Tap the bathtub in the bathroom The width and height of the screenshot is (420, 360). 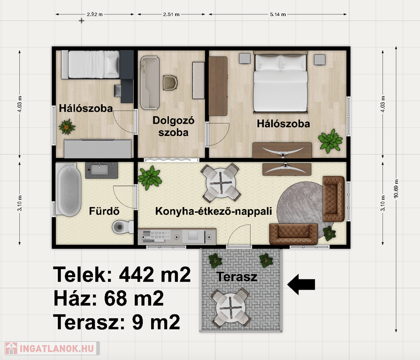69,190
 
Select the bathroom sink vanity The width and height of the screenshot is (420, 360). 101,170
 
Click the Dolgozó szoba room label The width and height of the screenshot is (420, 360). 173,126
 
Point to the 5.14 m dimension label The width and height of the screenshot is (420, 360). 278,14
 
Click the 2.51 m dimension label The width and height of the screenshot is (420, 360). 171,14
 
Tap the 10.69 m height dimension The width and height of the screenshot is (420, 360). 396,188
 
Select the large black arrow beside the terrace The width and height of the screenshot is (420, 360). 301,285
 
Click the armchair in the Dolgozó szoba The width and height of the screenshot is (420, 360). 170,82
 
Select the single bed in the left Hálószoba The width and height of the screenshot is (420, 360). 91,65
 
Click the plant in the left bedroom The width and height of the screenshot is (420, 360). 67,127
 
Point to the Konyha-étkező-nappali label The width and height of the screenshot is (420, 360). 214,211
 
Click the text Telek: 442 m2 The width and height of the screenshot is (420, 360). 122,275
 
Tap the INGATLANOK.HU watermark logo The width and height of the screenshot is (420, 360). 52,348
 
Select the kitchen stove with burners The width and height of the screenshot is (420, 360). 156,235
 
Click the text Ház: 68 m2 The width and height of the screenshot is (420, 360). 108,299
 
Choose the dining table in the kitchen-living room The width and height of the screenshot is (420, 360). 221,183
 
